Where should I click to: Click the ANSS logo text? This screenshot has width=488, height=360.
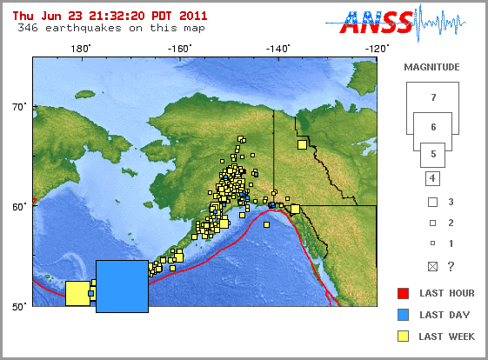[376, 23]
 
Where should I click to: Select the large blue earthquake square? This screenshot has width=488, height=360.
[122, 286]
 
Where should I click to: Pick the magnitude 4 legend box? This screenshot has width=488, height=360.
[431, 179]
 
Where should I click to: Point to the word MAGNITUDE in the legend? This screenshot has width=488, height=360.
[432, 66]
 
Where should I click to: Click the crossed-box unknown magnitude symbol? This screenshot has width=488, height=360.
[431, 266]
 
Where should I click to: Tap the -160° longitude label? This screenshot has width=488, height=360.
[179, 49]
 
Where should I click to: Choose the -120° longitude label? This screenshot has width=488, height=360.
[377, 49]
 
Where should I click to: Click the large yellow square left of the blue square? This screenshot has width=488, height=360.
[77, 293]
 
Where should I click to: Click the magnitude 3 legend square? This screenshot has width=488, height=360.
[431, 201]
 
